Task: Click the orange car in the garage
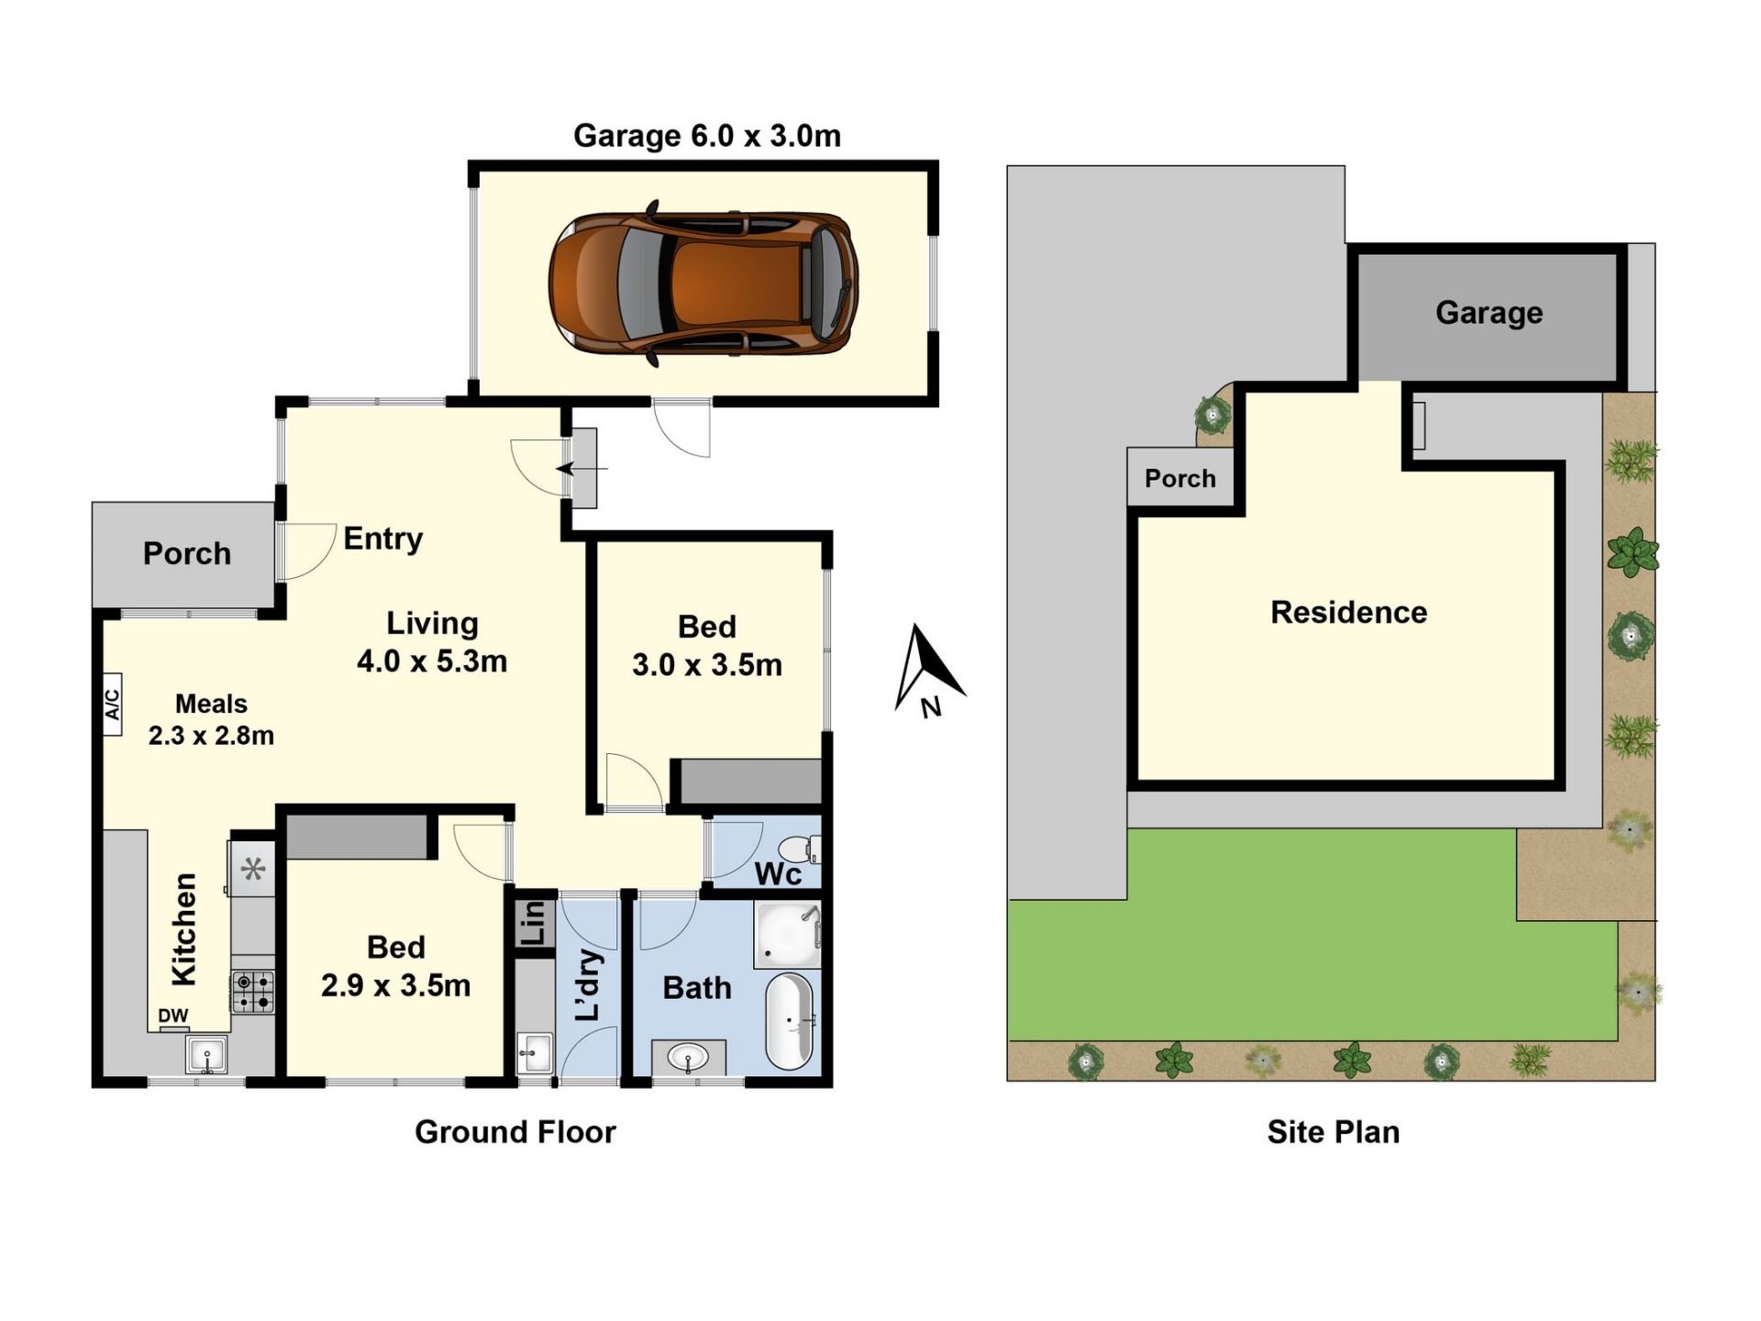pyautogui.click(x=703, y=283)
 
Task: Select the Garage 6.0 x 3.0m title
pyautogui.click(x=707, y=136)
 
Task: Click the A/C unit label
pyautogui.click(x=112, y=705)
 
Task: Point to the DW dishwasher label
pyautogui.click(x=173, y=1016)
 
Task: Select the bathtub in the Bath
pyautogui.click(x=790, y=1021)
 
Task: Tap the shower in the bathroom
pyautogui.click(x=787, y=934)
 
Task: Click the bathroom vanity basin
pyautogui.click(x=689, y=1058)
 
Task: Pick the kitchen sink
pyautogui.click(x=206, y=1055)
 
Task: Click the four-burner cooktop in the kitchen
pyautogui.click(x=253, y=992)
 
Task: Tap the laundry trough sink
pyautogui.click(x=535, y=1053)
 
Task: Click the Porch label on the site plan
pyautogui.click(x=1180, y=478)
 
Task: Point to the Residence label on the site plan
pyautogui.click(x=1348, y=612)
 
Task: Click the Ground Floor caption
pyautogui.click(x=515, y=1132)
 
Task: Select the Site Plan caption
pyautogui.click(x=1334, y=1132)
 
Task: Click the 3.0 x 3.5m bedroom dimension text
pyautogui.click(x=707, y=665)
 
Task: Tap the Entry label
pyautogui.click(x=383, y=538)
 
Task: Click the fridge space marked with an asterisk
pyautogui.click(x=253, y=868)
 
